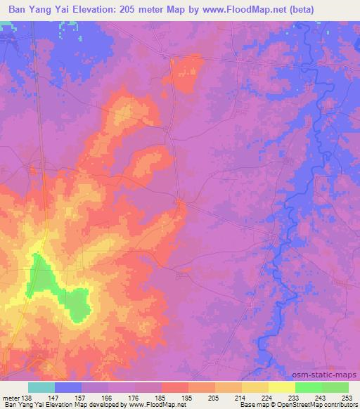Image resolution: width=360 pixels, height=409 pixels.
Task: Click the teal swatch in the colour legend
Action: (x=41, y=387)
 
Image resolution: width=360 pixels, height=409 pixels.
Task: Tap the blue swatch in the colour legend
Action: (x=68, y=387)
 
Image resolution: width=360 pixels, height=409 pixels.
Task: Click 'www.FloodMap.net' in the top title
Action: (x=228, y=9)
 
